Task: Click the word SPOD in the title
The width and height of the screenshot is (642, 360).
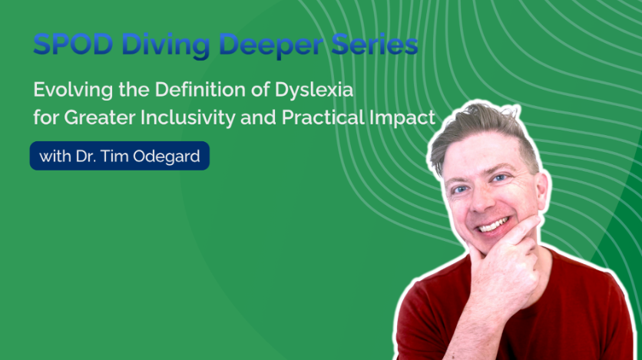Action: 73,44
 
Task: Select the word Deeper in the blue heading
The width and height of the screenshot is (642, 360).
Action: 271,46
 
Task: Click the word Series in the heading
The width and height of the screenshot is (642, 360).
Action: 375,44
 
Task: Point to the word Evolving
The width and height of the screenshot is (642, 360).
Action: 73,91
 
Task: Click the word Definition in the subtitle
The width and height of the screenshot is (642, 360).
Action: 200,89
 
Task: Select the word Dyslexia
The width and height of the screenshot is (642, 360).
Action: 313,91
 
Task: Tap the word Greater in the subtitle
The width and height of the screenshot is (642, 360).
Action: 100,117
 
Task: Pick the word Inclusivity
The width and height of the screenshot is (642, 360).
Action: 188,118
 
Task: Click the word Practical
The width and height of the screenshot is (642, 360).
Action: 323,117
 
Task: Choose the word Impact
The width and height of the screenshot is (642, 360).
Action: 402,118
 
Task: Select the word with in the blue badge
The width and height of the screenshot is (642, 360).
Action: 55,157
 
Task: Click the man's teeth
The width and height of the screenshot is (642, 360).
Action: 493,225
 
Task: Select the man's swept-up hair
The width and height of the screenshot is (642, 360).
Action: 483,131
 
